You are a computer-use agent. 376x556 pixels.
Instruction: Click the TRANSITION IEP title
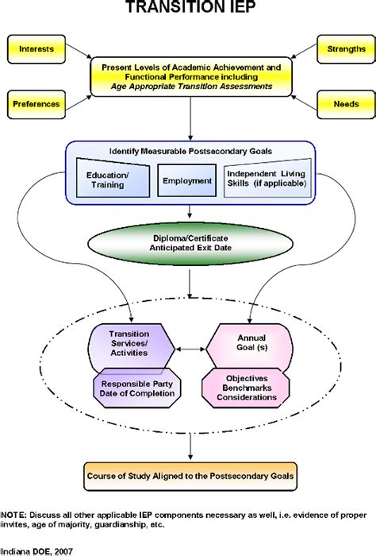(x=188, y=10)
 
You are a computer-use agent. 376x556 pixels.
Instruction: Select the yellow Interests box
(x=36, y=49)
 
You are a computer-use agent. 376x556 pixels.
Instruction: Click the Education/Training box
(x=111, y=181)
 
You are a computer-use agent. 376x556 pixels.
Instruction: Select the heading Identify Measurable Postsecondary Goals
(x=187, y=151)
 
